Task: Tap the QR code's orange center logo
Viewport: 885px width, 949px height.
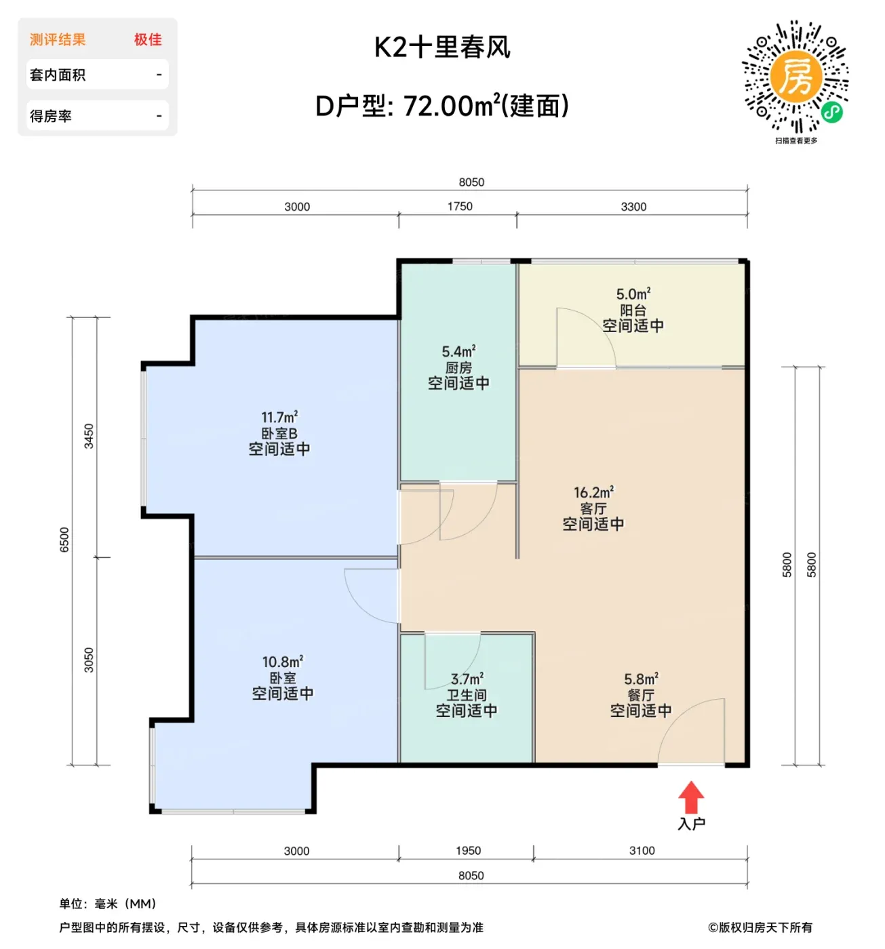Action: coord(795,77)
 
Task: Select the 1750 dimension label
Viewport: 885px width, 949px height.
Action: coord(460,207)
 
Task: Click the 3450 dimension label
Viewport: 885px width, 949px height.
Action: coord(89,436)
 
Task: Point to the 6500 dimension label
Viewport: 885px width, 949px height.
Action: coord(64,540)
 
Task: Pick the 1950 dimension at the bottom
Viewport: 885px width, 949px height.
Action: coord(468,851)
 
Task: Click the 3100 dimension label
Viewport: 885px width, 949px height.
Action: coord(641,851)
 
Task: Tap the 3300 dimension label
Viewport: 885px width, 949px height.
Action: coord(633,207)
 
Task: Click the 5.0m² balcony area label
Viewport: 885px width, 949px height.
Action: coord(633,294)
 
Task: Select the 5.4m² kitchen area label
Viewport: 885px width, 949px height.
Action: coord(458,351)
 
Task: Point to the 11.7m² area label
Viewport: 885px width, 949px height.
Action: coord(279,417)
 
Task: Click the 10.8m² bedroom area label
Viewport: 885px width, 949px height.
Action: coord(282,662)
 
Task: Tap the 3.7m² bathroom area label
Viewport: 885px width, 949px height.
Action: coord(467,679)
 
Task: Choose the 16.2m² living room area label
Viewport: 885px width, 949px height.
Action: coord(593,492)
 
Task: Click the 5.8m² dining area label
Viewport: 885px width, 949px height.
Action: coord(640,679)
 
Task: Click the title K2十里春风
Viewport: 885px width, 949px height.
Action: coord(441,47)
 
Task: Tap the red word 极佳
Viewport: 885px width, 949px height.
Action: coord(148,40)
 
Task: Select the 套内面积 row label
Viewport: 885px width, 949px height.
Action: coord(58,75)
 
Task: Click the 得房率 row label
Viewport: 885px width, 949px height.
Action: coord(51,116)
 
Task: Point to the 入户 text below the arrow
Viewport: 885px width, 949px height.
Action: coord(691,824)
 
